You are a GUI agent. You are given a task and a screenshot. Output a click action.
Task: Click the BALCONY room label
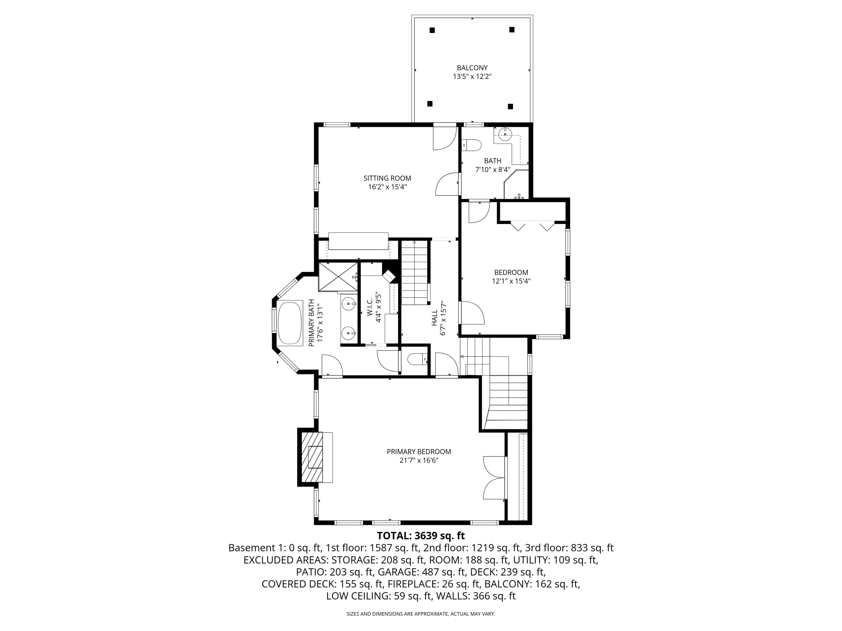coord(472,68)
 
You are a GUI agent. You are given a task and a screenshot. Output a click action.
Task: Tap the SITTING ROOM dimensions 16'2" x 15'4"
coord(387,187)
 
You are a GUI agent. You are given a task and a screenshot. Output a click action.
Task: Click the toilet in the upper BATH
coord(472,145)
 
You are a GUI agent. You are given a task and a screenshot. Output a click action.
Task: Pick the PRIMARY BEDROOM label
coord(419,451)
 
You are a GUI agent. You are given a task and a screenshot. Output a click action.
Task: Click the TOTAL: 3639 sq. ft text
coord(421,536)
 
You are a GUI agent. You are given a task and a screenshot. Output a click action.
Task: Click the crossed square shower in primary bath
coord(338,277)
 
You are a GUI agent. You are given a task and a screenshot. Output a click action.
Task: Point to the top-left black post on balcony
coord(432,30)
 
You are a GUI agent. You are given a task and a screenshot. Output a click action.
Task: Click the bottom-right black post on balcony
coord(510,106)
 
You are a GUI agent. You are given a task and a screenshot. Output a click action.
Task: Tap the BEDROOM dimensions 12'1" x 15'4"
coord(511,281)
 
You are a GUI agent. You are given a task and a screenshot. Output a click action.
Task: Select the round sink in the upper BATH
coord(505,134)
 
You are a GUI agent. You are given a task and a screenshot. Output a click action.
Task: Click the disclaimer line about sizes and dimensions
coord(421,614)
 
